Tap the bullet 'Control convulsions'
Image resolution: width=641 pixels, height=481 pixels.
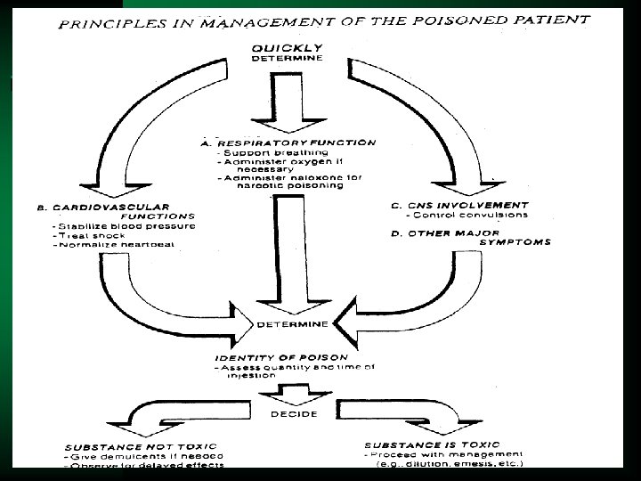tap(467, 216)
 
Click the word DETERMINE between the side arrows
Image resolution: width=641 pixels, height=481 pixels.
tap(294, 322)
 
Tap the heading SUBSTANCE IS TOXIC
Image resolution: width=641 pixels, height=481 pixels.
tap(431, 444)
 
